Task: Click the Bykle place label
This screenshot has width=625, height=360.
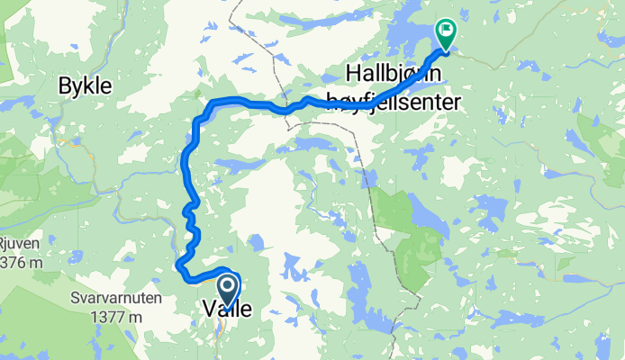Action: pos(85,86)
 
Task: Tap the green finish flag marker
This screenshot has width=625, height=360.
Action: pos(445,33)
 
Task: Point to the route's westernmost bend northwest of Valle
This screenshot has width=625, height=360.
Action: pos(179,265)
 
